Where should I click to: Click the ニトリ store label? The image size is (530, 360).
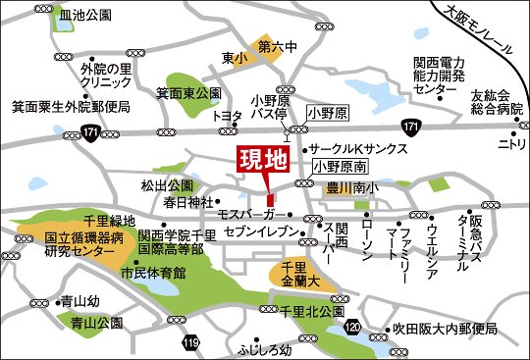pyautogui.click(x=510, y=144)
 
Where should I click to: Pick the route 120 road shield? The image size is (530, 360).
pyautogui.click(x=352, y=326)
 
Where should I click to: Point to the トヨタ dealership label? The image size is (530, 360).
pyautogui.click(x=228, y=116)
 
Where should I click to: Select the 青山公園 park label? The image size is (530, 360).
pyautogui.click(x=95, y=322)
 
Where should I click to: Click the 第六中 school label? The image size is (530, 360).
pyautogui.click(x=277, y=45)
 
